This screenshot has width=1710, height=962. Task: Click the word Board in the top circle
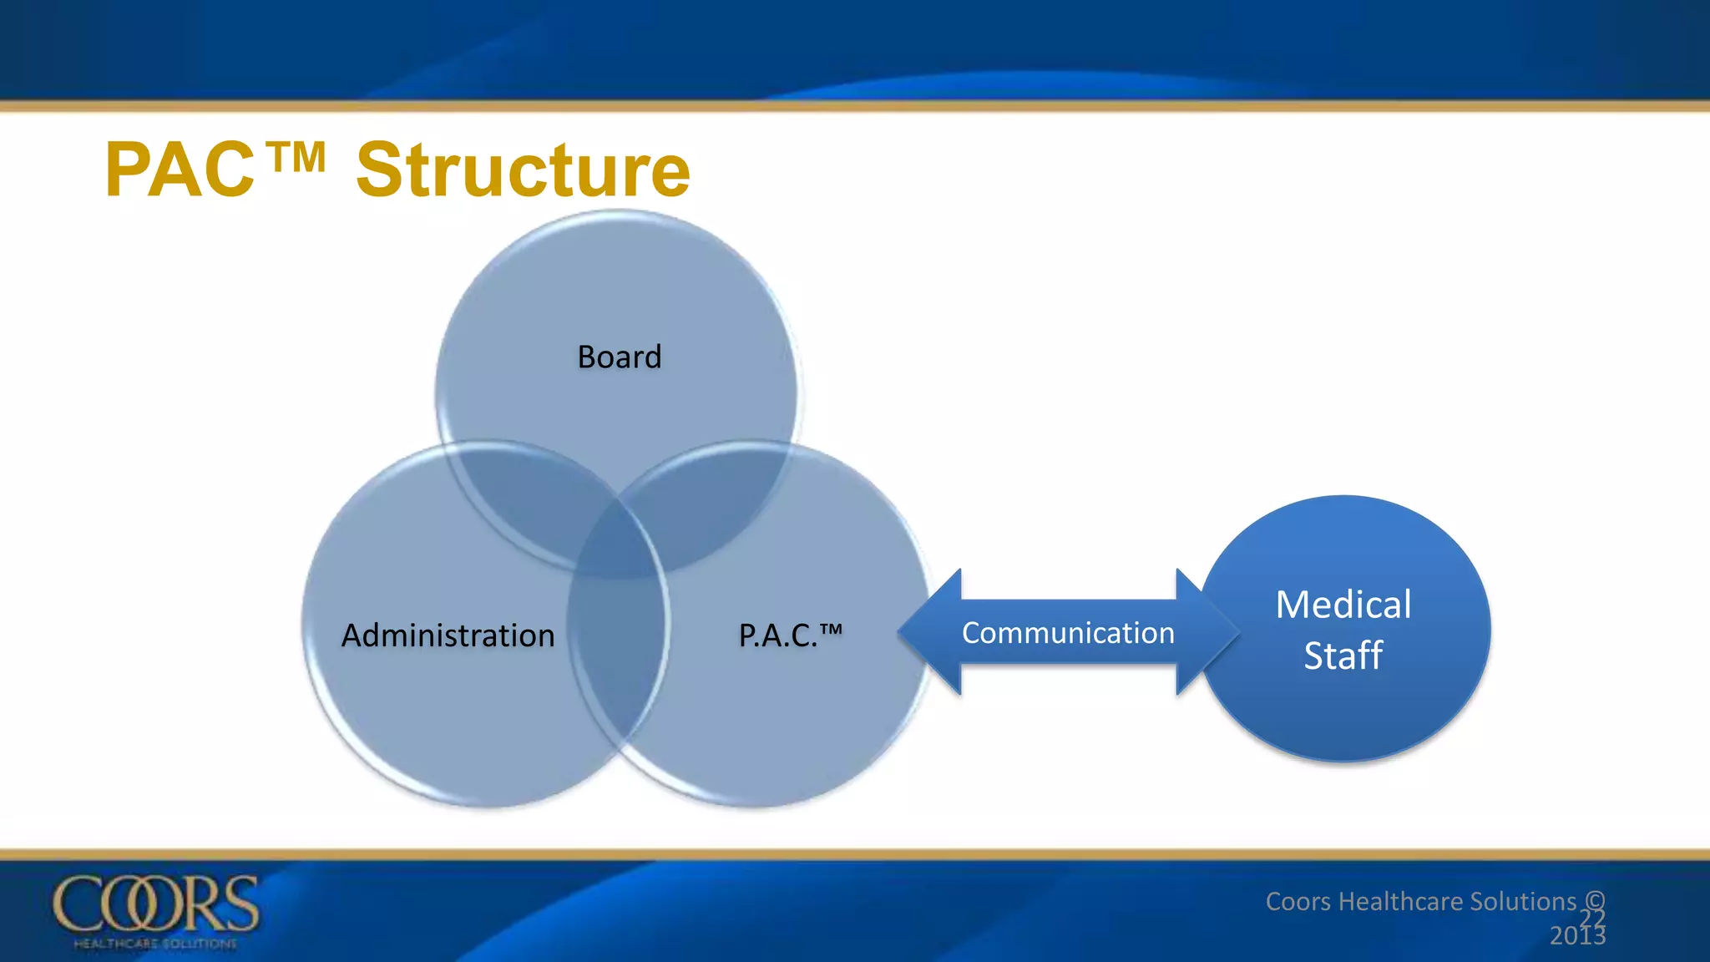[619, 357]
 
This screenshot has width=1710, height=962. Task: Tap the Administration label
[448, 635]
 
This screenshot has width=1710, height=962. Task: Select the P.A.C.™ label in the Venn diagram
[790, 635]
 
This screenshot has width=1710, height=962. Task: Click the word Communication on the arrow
[1068, 633]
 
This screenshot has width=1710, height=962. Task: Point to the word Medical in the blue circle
[1343, 605]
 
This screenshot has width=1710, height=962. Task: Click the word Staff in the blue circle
[1343, 656]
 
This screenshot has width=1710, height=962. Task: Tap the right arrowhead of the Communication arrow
[1207, 632]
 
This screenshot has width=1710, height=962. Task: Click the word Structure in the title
[523, 170]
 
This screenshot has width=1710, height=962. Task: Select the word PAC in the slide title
[180, 170]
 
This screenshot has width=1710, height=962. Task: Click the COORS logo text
[156, 904]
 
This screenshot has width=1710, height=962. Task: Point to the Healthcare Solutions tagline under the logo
[155, 944]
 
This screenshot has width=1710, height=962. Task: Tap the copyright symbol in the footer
[1594, 900]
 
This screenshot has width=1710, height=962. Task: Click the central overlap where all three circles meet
[618, 543]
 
